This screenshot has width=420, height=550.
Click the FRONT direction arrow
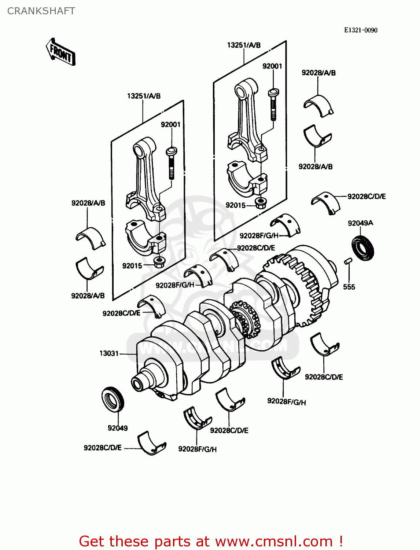pyautogui.click(x=61, y=52)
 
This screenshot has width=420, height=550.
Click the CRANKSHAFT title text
pyautogui.click(x=41, y=11)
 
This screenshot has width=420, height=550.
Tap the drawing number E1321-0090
pyautogui.click(x=360, y=30)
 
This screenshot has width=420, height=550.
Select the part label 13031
pyautogui.click(x=109, y=353)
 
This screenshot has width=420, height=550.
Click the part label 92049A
pyautogui.click(x=360, y=223)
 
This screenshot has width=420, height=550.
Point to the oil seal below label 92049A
pyautogui.click(x=363, y=249)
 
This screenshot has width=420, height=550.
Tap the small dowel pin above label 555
pyautogui.click(x=348, y=261)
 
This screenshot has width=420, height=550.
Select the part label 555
pyautogui.click(x=349, y=287)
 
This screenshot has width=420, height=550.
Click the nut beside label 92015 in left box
pyautogui.click(x=159, y=262)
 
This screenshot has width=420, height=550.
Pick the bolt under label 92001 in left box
pyautogui.click(x=171, y=162)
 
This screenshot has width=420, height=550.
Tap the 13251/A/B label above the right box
pyautogui.click(x=244, y=45)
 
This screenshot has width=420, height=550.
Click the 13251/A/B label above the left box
pyautogui.click(x=144, y=96)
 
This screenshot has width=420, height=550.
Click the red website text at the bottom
pyautogui.click(x=211, y=541)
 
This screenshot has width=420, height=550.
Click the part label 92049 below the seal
pyautogui.click(x=118, y=428)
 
